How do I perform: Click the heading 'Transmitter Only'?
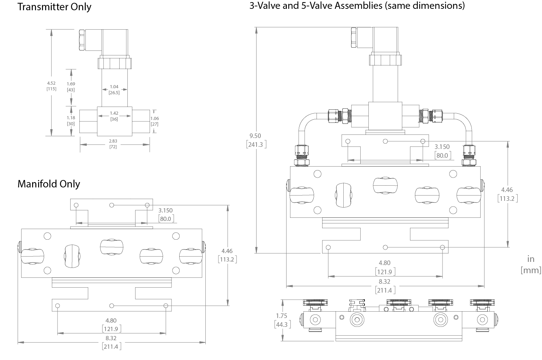[54, 7]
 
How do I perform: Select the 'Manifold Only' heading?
[49, 184]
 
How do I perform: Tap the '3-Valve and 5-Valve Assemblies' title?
[357, 6]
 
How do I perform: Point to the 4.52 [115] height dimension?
[51, 86]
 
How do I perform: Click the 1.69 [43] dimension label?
[71, 86]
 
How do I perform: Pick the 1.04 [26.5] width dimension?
[114, 89]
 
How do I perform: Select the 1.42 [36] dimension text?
[114, 116]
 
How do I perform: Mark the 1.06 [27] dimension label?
[155, 121]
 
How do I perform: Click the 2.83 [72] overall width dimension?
[113, 144]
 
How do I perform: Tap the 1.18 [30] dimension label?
[71, 121]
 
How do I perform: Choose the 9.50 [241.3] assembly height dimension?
[255, 140]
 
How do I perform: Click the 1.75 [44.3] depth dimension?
[282, 320]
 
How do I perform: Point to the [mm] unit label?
[531, 270]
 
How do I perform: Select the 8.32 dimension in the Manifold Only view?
[111, 342]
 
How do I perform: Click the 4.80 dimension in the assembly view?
[385, 267]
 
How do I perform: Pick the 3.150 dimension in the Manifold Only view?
[165, 215]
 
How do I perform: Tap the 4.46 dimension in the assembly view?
[507, 194]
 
